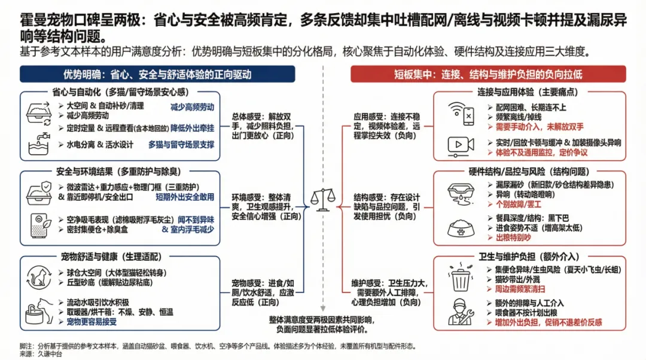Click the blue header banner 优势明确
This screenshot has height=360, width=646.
coord(157,74)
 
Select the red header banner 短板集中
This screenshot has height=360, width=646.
coord(487,74)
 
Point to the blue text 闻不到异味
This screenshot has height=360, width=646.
coord(193,220)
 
